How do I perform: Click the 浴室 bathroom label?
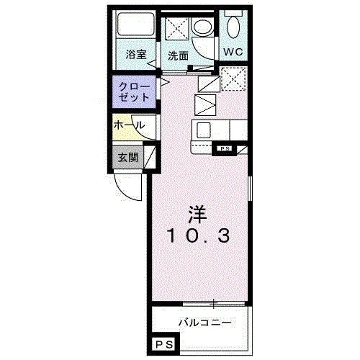tap(136, 55)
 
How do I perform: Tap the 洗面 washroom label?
tap(178, 56)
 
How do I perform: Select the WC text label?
tap(233, 52)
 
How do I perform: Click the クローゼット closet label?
tap(134, 92)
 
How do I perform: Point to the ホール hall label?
tap(130, 125)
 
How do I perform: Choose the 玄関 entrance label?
tap(128, 158)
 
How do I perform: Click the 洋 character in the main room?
tap(197, 215)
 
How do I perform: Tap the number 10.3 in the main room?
tap(198, 235)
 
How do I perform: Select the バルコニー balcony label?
tap(204, 323)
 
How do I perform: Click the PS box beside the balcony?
tap(164, 345)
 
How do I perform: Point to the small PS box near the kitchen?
tap(225, 149)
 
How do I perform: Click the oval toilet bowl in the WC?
tap(233, 27)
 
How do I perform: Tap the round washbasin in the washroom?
tap(203, 27)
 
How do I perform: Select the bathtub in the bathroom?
tap(135, 24)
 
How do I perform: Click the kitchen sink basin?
tap(204, 130)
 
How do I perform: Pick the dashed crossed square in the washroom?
tap(177, 28)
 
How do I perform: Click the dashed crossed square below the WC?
tap(233, 79)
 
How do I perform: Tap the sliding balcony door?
tap(214, 304)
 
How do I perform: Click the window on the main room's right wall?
tap(250, 189)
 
